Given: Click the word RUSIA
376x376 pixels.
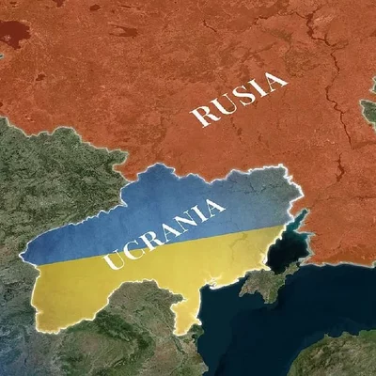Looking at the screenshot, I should pyautogui.click(x=239, y=99).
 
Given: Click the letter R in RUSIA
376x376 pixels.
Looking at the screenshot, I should pyautogui.click(x=203, y=117).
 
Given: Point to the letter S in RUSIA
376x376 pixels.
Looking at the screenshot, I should pyautogui.click(x=240, y=98).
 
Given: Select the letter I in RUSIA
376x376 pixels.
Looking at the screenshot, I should pyautogui.click(x=257, y=89).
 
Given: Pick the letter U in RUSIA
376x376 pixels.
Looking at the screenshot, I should pyautogui.click(x=222, y=106).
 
